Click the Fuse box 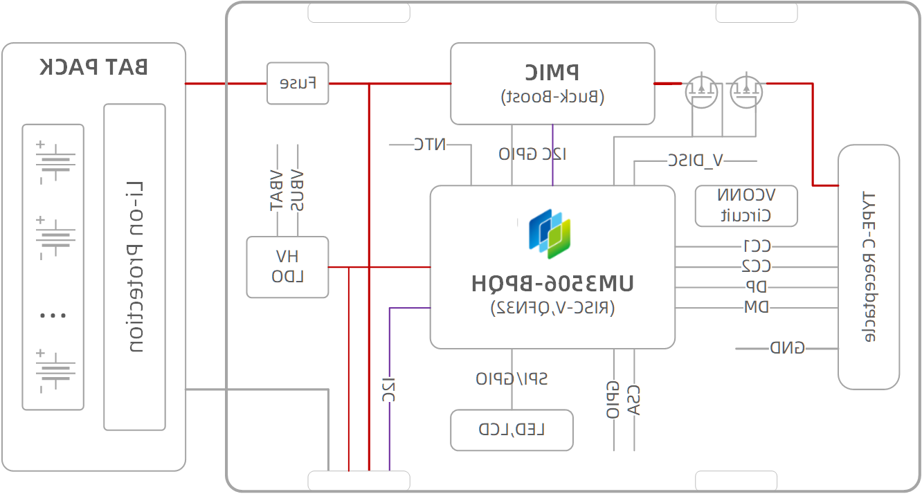(x=298, y=84)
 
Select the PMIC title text (x=552, y=72)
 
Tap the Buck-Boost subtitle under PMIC (x=552, y=97)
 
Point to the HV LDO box (x=287, y=267)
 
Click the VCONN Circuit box (x=746, y=205)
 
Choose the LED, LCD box (x=512, y=430)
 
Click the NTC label (x=430, y=145)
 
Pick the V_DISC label (x=696, y=161)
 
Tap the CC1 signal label (x=757, y=246)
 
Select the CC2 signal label (x=757, y=266)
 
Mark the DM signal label (x=757, y=307)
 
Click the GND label (x=788, y=348)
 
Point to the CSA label (x=634, y=400)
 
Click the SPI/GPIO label (x=512, y=378)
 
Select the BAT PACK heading (x=93, y=67)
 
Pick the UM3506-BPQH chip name (x=552, y=284)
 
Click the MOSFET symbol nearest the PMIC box (x=702, y=91)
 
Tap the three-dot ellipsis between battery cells (x=53, y=315)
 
